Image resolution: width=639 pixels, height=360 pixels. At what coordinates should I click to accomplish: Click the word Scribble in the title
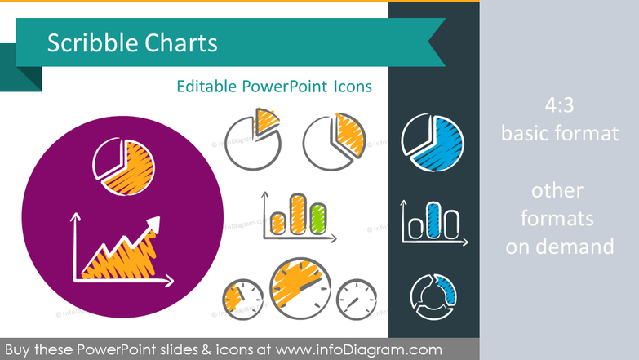tap(87, 43)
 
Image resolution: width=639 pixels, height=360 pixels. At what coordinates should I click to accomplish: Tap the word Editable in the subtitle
tap(205, 87)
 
